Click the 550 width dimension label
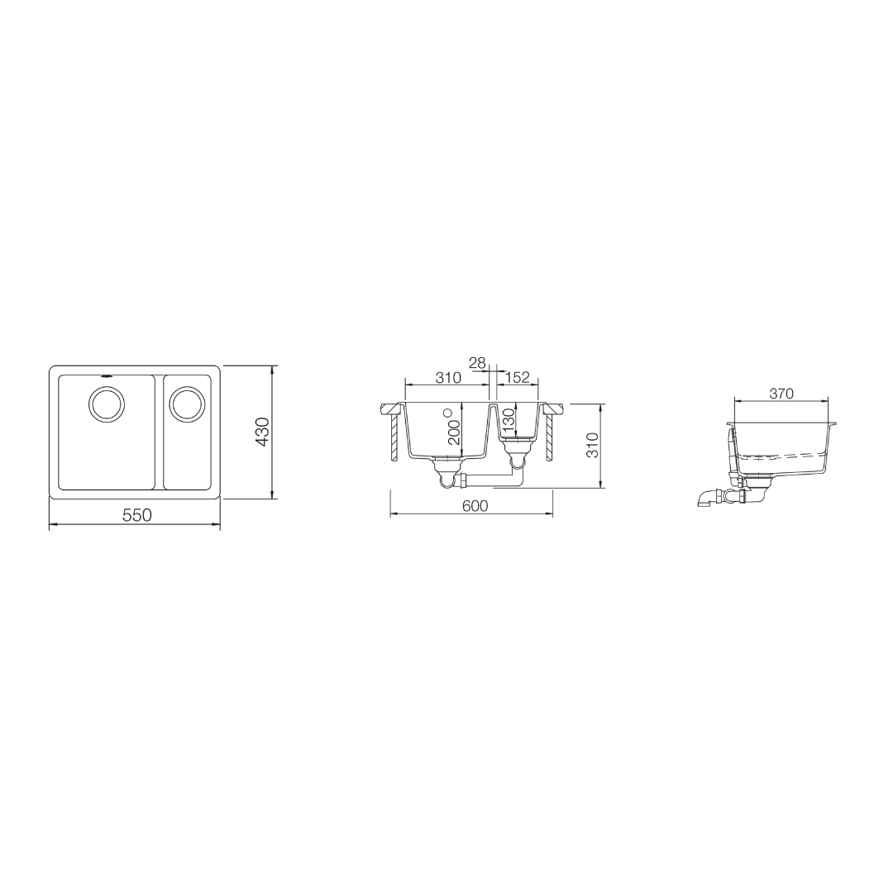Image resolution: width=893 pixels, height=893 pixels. point(136,515)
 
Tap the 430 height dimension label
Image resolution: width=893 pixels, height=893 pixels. point(263,432)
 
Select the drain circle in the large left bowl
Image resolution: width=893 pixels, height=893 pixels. point(107,405)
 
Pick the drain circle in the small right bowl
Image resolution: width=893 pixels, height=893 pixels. point(187,404)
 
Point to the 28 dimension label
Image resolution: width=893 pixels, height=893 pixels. point(477,363)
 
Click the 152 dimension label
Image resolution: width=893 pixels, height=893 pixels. point(517,378)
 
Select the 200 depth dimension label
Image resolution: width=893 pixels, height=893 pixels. point(454,432)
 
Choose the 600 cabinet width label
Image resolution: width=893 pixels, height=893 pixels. point(474,505)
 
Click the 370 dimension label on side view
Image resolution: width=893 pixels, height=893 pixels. point(781,394)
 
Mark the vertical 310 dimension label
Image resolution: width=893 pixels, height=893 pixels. point(592,446)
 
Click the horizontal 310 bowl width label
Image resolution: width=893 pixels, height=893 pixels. point(447,378)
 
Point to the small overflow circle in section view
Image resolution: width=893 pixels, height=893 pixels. point(448,412)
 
